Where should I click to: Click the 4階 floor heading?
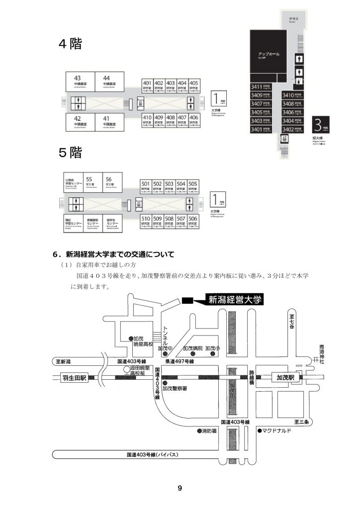[70, 44]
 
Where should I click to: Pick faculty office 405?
[194, 85]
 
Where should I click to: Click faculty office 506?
[193, 220]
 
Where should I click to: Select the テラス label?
[293, 19]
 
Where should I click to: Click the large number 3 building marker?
[319, 124]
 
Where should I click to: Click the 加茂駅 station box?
[286, 378]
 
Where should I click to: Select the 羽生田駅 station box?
[74, 378]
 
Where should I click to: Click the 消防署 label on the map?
[207, 431]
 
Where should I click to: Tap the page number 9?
[180, 489]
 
